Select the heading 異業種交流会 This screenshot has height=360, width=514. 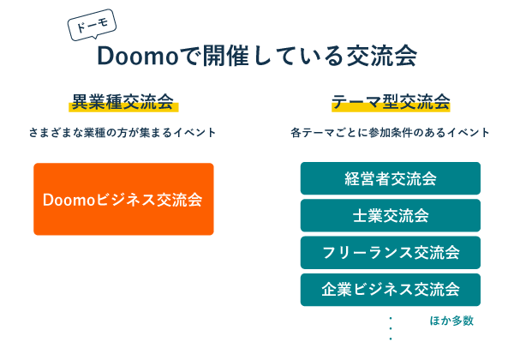(x=123, y=102)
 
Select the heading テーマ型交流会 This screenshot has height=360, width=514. (x=391, y=102)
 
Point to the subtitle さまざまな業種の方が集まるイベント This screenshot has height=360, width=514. (x=123, y=133)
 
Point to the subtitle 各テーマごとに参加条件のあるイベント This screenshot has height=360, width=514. (x=391, y=133)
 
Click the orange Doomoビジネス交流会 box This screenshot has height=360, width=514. (x=123, y=199)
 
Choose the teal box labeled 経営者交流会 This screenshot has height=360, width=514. (x=391, y=178)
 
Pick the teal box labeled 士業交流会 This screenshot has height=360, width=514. (x=391, y=215)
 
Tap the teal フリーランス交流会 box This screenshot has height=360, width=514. (x=391, y=252)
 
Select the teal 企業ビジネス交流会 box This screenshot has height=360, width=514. (x=391, y=289)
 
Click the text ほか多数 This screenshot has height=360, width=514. (x=451, y=321)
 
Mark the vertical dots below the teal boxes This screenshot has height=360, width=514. (x=391, y=327)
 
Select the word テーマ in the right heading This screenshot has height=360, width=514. (x=356, y=102)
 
